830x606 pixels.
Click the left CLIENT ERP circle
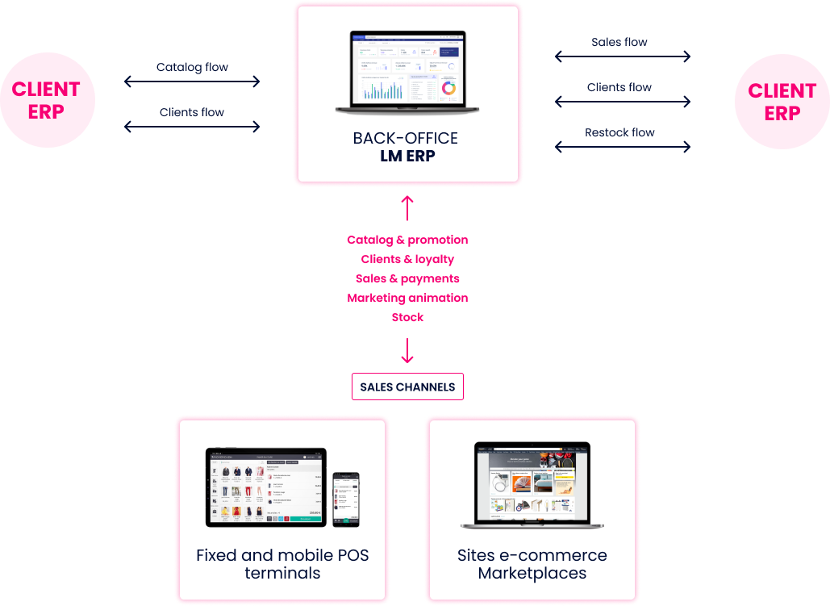[47, 101]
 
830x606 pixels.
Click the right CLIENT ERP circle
[782, 102]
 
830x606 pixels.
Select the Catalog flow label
[192, 67]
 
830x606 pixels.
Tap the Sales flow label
[619, 42]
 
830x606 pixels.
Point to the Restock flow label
[619, 132]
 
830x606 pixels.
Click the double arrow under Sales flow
[622, 56]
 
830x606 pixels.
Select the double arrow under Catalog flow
[192, 81]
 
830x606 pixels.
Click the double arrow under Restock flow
[622, 147]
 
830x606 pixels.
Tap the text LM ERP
[407, 157]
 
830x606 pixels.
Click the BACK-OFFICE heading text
[406, 138]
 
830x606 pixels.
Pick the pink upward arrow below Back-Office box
[407, 207]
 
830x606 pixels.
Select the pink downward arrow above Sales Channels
[407, 350]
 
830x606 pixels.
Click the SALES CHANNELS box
[407, 387]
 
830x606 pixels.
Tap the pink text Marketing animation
[407, 298]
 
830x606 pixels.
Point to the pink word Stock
[407, 317]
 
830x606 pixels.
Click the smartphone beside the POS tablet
[345, 498]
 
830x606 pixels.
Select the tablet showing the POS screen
[266, 487]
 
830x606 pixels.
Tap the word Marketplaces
[532, 574]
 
